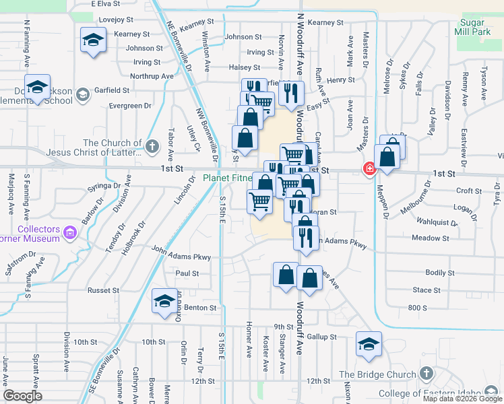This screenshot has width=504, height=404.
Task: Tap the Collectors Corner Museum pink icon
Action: [70, 234]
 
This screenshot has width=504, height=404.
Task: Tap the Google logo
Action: [22, 396]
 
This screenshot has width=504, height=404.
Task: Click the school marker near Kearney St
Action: [92, 39]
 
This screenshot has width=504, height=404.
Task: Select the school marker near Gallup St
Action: [369, 343]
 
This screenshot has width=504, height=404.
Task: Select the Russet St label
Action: [103, 290]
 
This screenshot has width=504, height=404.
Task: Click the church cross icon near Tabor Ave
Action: [153, 145]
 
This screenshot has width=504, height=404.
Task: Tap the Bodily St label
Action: [440, 273]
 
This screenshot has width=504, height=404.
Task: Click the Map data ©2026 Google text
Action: [462, 399]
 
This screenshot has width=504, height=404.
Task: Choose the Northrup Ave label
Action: [152, 76]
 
